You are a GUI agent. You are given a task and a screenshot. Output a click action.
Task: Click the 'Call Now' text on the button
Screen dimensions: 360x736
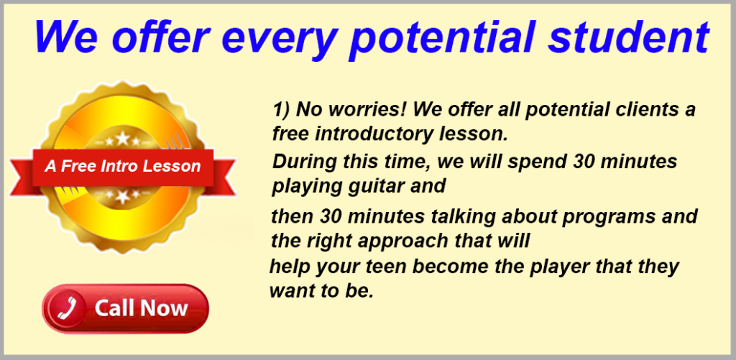(x=142, y=309)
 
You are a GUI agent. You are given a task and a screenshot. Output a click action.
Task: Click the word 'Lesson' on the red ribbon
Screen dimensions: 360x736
(x=173, y=167)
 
